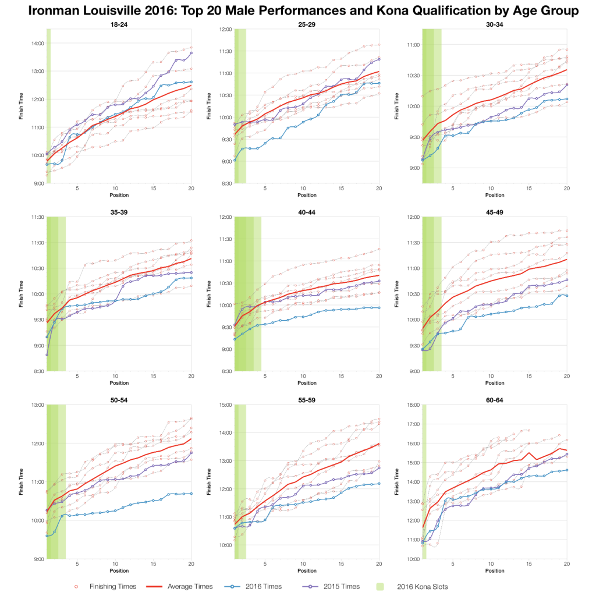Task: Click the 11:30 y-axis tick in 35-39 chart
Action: pyautogui.click(x=37, y=217)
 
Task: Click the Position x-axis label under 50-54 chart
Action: pyautogui.click(x=119, y=571)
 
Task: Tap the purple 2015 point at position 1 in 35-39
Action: pyautogui.click(x=47, y=354)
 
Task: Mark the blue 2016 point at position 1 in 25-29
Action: pyautogui.click(x=235, y=159)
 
